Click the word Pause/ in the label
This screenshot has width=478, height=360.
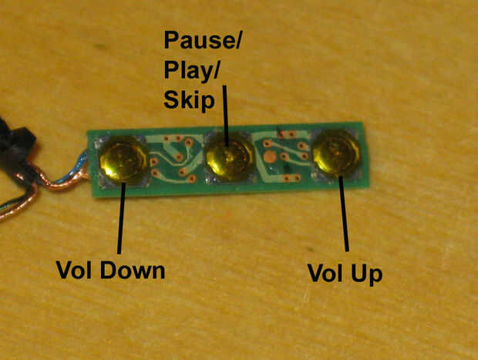(x=202, y=41)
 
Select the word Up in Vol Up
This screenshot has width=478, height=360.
(x=366, y=274)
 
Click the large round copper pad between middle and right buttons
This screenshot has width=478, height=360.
(x=270, y=157)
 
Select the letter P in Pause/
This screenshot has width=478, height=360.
(x=171, y=41)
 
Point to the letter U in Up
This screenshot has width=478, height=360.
(x=358, y=274)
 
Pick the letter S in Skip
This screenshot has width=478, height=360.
(x=170, y=99)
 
